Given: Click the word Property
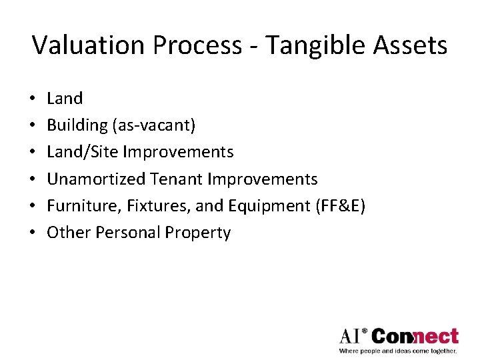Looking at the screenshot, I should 198,233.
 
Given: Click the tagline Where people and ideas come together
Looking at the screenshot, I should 398,351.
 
